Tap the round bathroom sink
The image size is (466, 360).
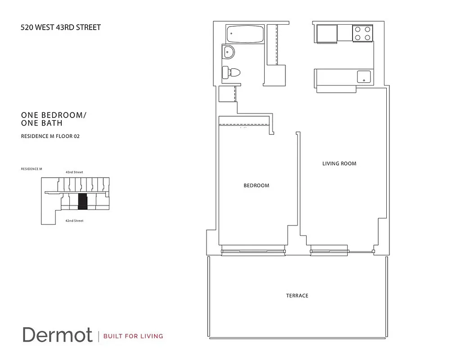[228, 52]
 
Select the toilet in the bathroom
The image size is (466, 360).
[231, 72]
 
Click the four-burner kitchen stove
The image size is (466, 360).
[362, 32]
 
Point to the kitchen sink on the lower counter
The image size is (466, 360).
[364, 76]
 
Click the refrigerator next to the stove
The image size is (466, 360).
[327, 33]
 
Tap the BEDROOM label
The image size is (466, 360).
[256, 185]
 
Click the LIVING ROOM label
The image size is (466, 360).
[339, 163]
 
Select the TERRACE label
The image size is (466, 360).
[297, 296]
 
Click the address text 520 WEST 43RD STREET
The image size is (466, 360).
[61, 27]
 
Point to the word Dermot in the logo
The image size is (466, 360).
[58, 335]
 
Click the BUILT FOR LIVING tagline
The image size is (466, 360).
[133, 336]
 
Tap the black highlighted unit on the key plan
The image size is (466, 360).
[82, 201]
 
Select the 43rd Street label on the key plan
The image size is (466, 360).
[74, 172]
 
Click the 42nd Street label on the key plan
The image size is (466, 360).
[74, 221]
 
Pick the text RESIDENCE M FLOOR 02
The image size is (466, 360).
[50, 136]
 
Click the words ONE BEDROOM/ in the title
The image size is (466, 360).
[54, 115]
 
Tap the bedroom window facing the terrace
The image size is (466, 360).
[253, 251]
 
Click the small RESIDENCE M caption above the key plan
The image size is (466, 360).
[31, 169]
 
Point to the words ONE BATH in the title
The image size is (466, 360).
[42, 123]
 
